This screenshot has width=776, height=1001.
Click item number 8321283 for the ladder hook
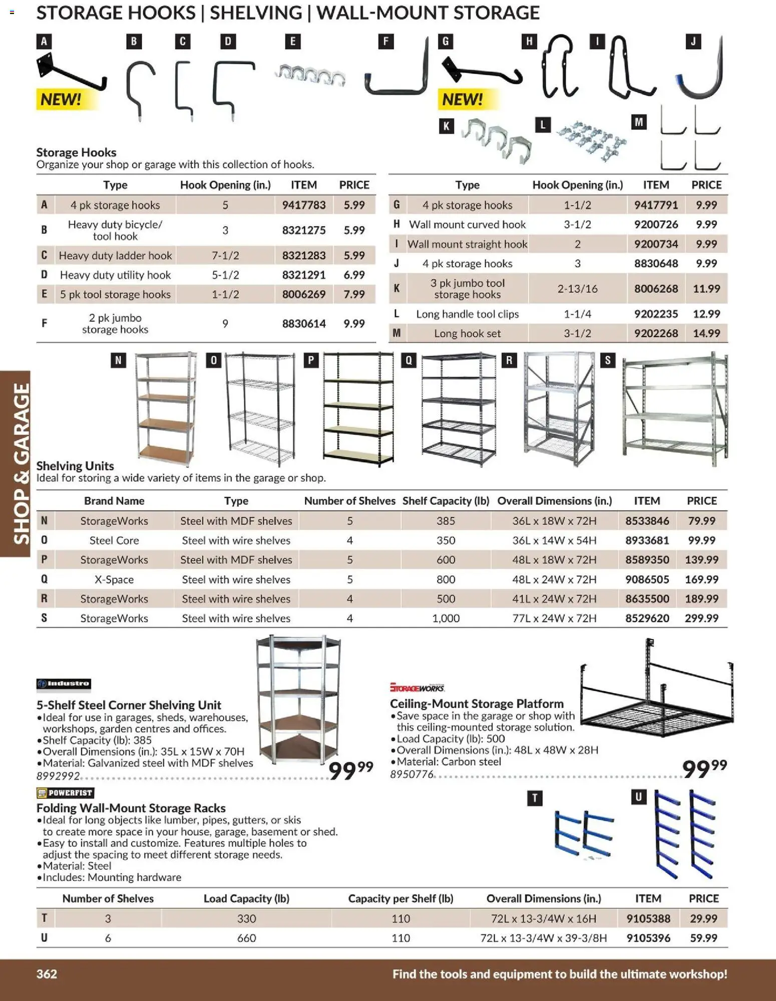[303, 255]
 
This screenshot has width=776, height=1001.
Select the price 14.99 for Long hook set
[706, 333]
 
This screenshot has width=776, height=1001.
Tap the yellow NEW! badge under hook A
[61, 99]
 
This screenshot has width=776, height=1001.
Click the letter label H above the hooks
[529, 42]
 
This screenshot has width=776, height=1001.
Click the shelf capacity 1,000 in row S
[445, 618]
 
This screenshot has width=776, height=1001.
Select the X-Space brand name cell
[114, 579]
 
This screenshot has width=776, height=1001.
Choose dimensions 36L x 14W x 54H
[554, 540]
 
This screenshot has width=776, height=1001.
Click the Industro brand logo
[64, 684]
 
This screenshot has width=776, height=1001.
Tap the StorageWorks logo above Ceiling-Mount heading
[417, 688]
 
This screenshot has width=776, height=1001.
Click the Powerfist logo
[65, 793]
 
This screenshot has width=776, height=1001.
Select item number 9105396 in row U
[648, 938]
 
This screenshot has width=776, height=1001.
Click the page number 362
[47, 974]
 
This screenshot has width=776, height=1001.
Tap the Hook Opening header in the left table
[225, 185]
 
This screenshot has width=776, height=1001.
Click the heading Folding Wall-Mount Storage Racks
[131, 808]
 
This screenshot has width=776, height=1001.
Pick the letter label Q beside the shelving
[408, 360]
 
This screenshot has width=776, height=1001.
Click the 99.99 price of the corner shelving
[350, 770]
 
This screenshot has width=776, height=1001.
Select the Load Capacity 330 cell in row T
[246, 918]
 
